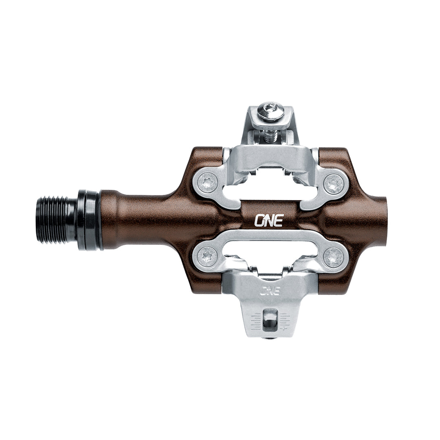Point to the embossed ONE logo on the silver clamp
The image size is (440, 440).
click(269, 290)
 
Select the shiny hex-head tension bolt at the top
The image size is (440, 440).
click(271, 111)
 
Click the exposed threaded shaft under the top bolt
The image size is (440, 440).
click(270, 136)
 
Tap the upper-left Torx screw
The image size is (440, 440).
click(207, 183)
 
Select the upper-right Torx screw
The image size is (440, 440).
click(334, 184)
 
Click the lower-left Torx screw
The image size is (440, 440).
click(207, 257)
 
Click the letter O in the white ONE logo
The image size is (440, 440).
click(260, 220)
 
